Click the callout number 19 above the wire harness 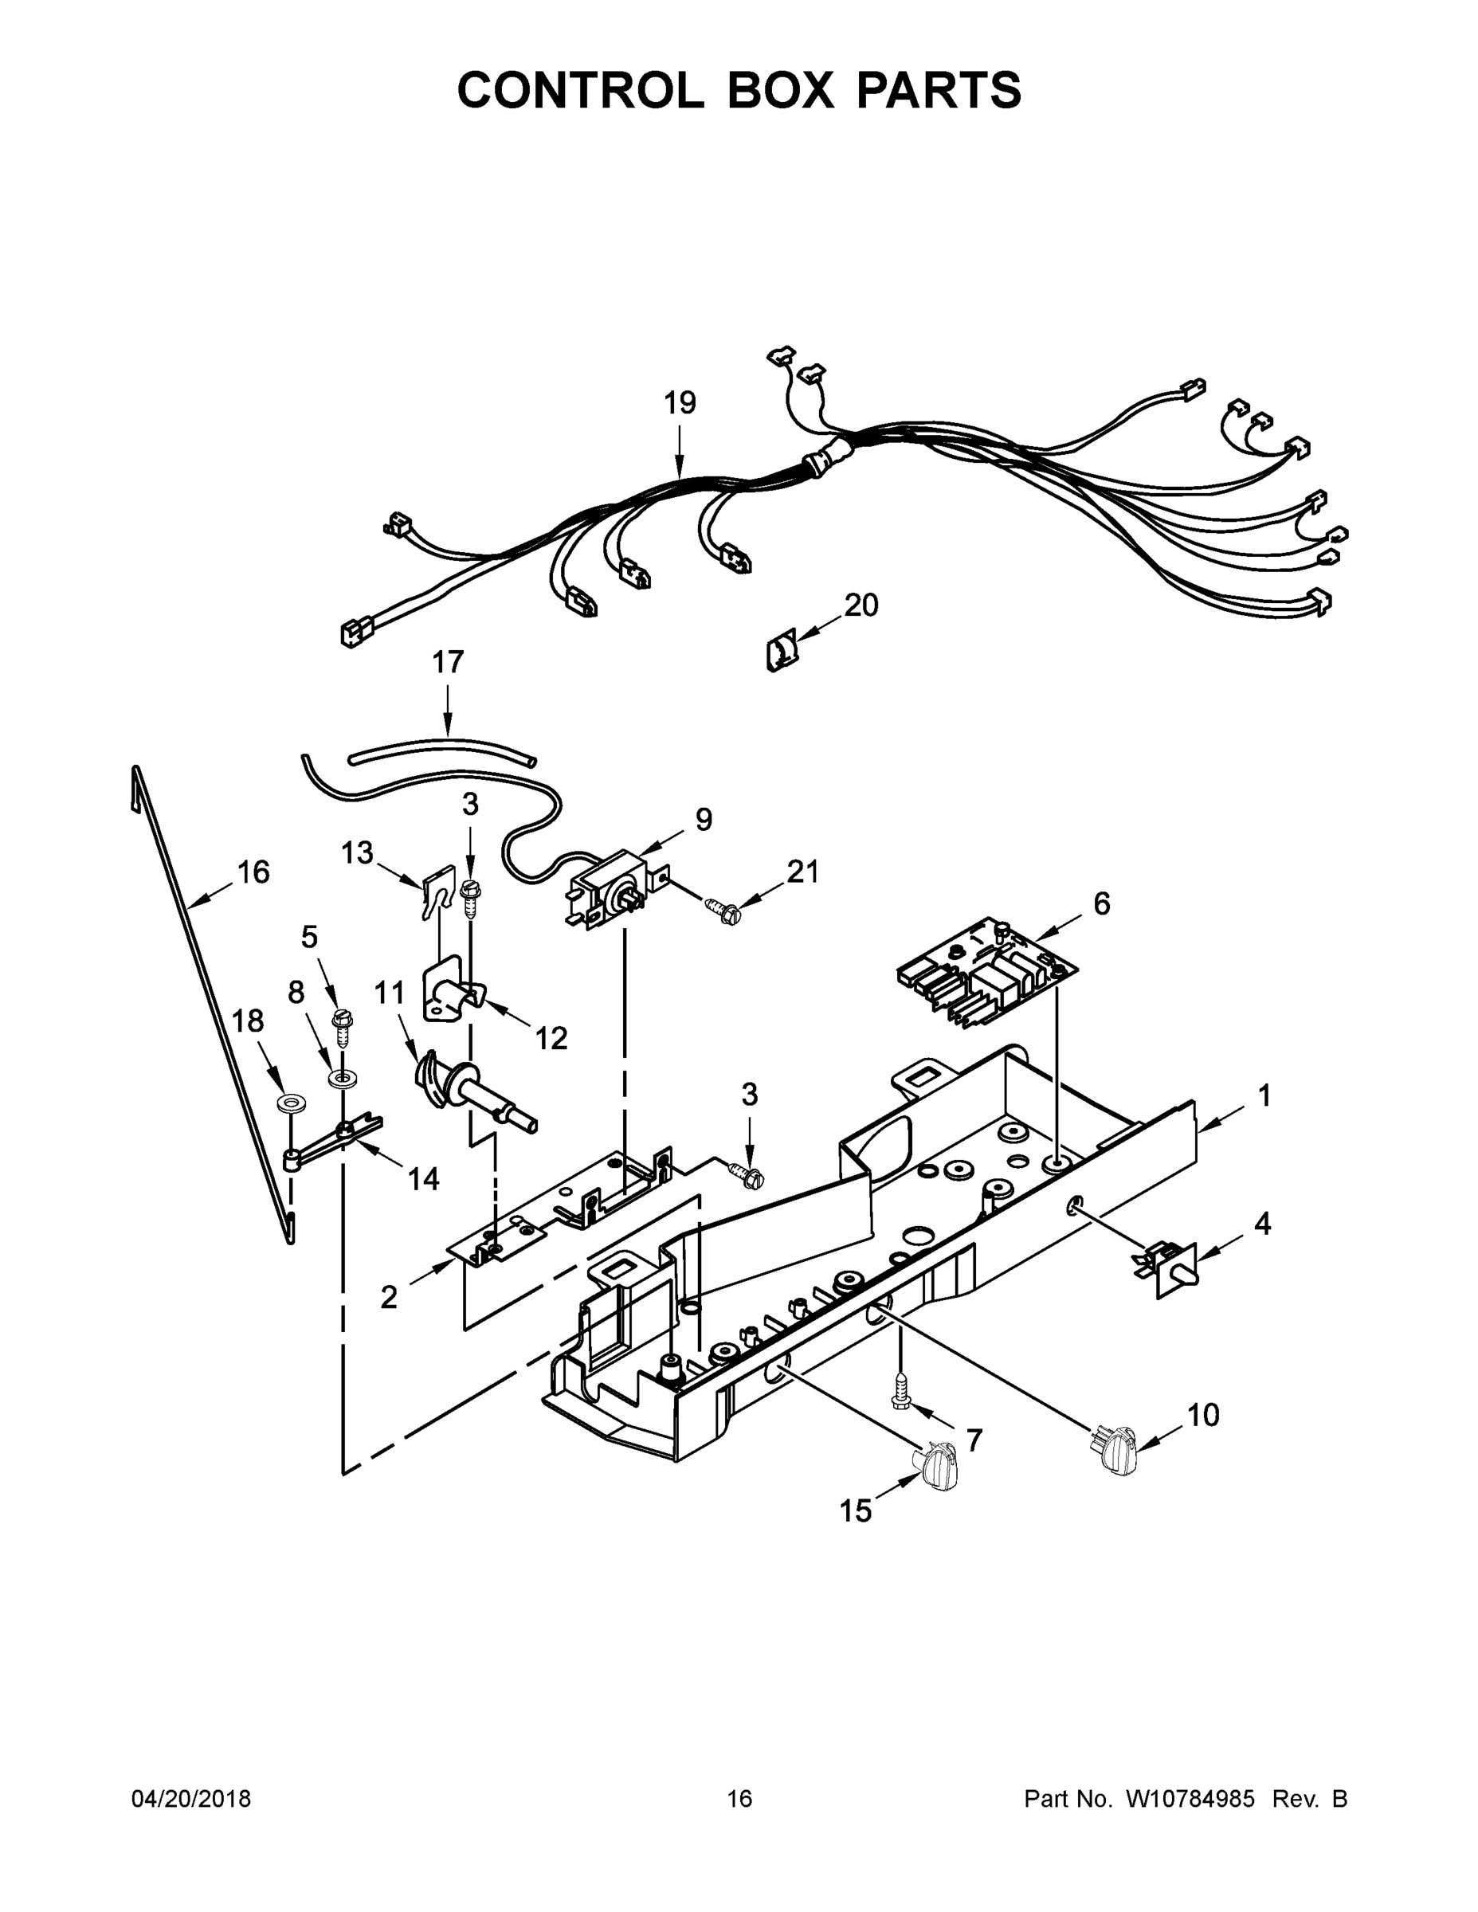tap(680, 404)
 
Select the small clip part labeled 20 tap(781, 653)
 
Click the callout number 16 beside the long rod tap(253, 872)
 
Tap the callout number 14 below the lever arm tap(423, 1180)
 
